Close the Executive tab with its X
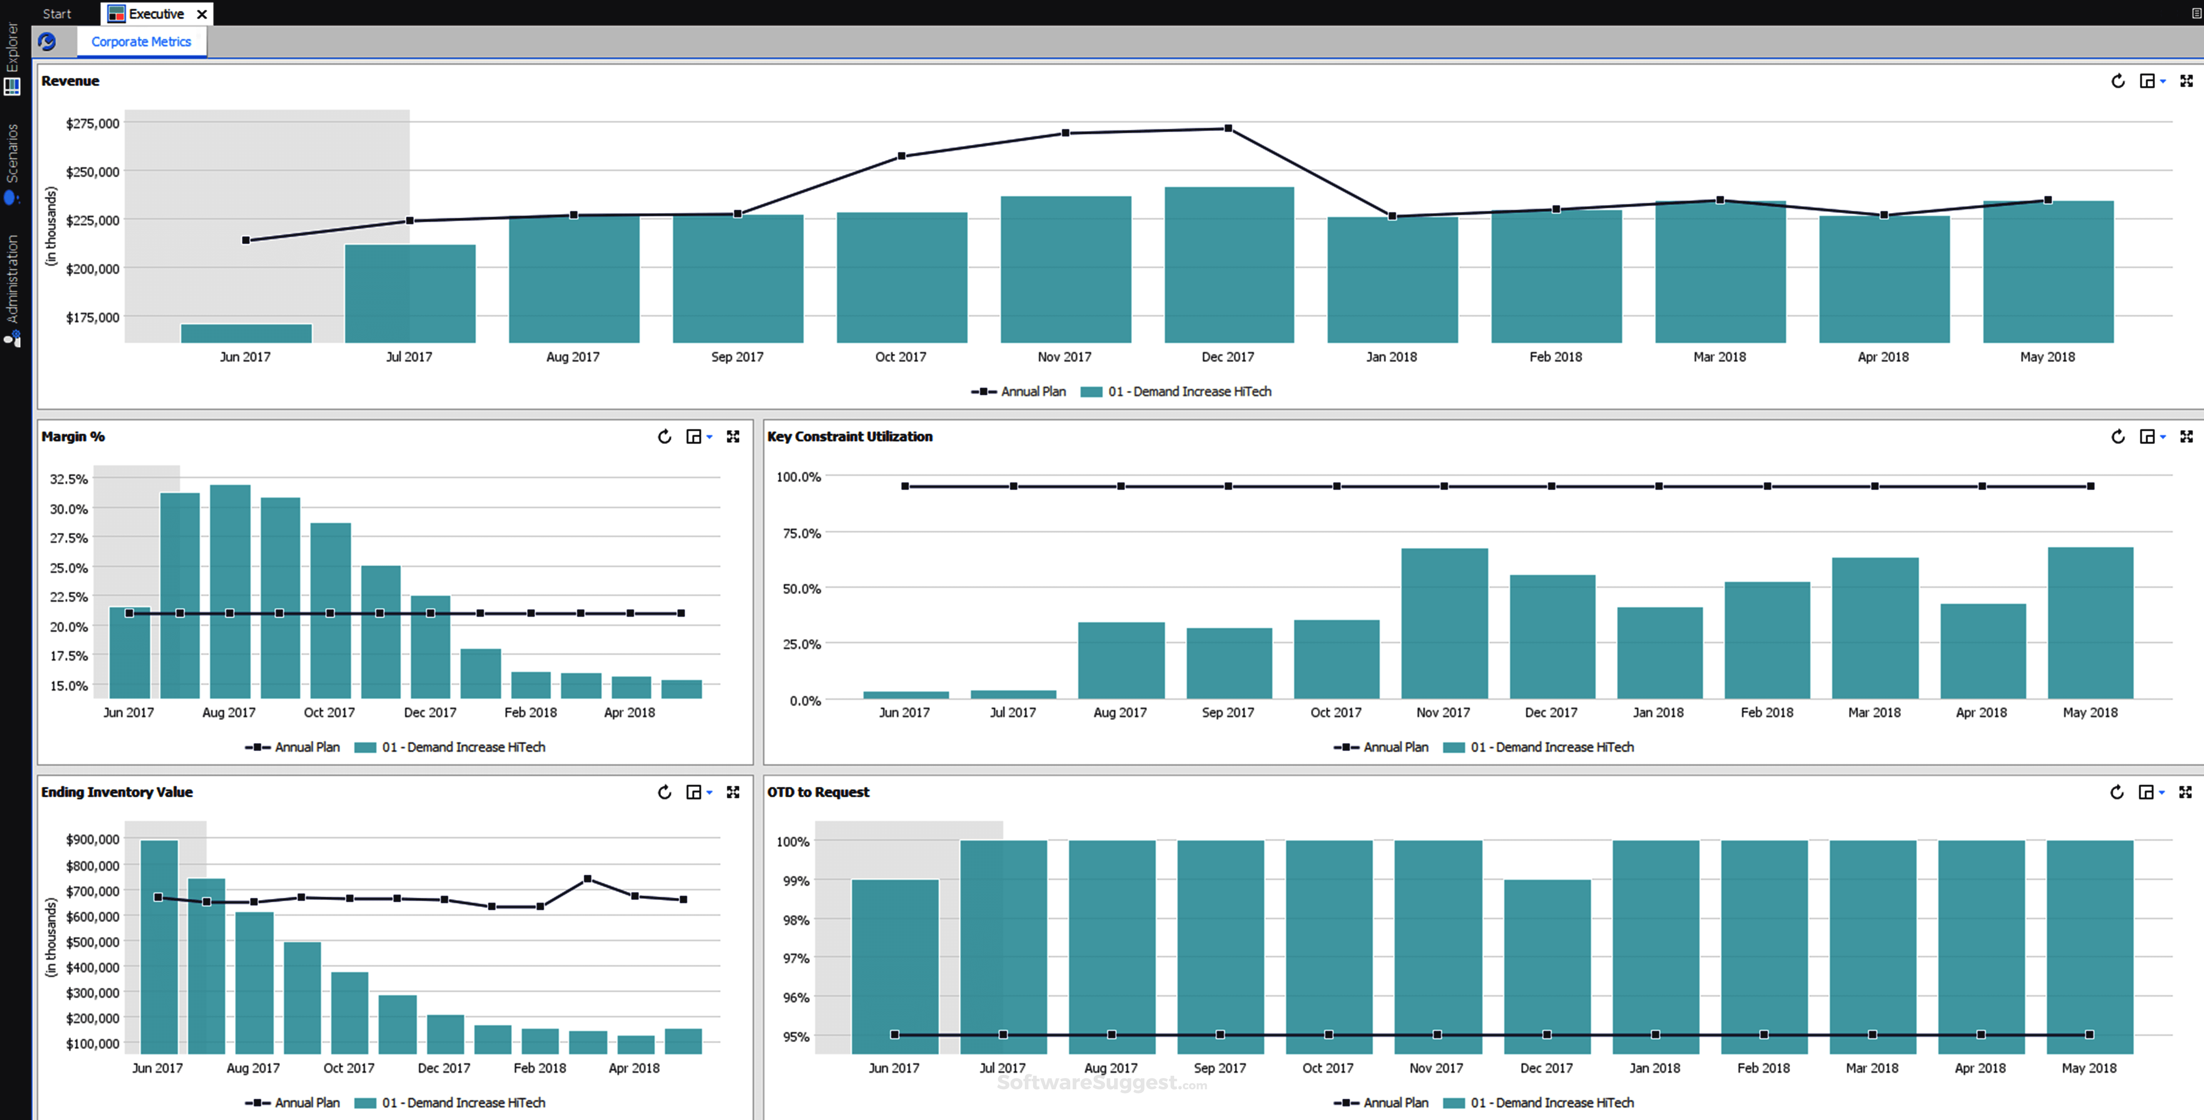[202, 14]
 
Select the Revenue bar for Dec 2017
[1229, 265]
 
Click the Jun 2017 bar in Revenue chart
[246, 333]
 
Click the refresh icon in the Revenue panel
[2117, 81]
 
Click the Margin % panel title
[73, 436]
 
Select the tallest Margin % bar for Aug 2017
[230, 590]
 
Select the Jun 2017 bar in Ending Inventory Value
[159, 945]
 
